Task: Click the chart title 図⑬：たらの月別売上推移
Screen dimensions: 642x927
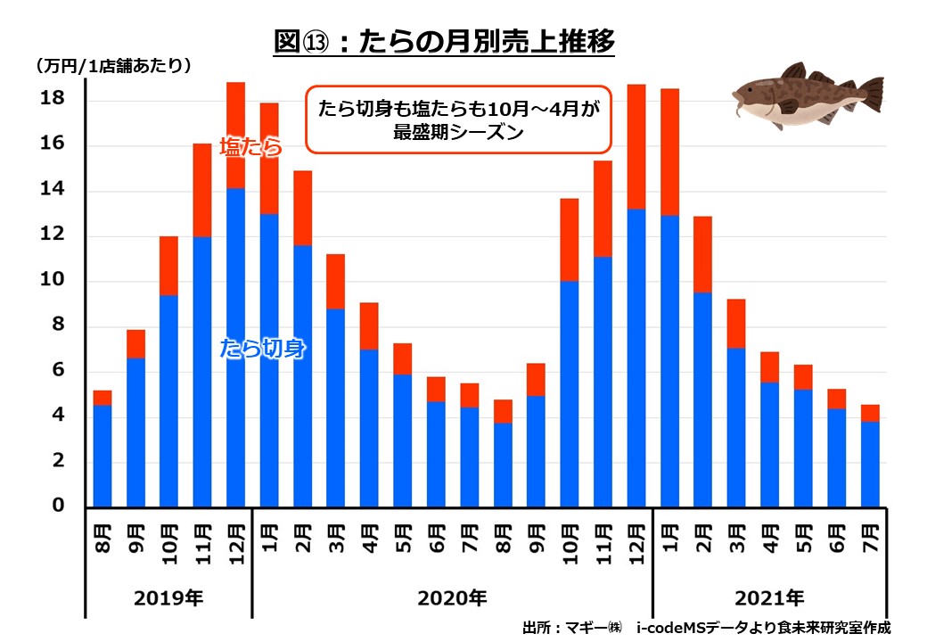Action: tap(445, 42)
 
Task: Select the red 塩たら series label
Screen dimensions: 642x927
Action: tap(250, 147)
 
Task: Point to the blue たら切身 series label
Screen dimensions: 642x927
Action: tap(263, 349)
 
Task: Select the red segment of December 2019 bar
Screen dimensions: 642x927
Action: tap(235, 135)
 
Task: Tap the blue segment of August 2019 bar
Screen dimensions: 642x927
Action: tap(103, 456)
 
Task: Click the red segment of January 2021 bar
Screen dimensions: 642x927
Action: tap(669, 152)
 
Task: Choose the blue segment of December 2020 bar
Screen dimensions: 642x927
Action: tap(636, 358)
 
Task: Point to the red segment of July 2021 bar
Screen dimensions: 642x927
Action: tap(869, 413)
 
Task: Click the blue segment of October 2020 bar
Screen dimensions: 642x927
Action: tap(570, 393)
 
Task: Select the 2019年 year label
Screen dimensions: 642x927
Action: tap(168, 597)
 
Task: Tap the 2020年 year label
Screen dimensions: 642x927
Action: tap(452, 597)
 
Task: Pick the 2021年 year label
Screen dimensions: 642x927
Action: tap(769, 597)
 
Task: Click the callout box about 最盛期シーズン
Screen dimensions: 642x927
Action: tap(458, 119)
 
